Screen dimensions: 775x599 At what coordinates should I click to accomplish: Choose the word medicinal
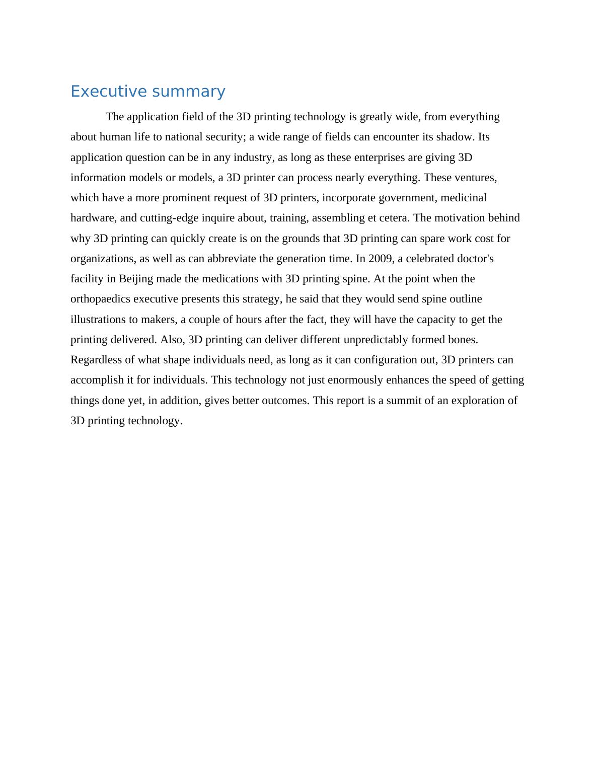tap(464, 198)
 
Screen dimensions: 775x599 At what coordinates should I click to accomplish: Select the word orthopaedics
tap(100, 299)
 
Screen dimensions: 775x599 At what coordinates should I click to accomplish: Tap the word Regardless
tap(97, 360)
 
